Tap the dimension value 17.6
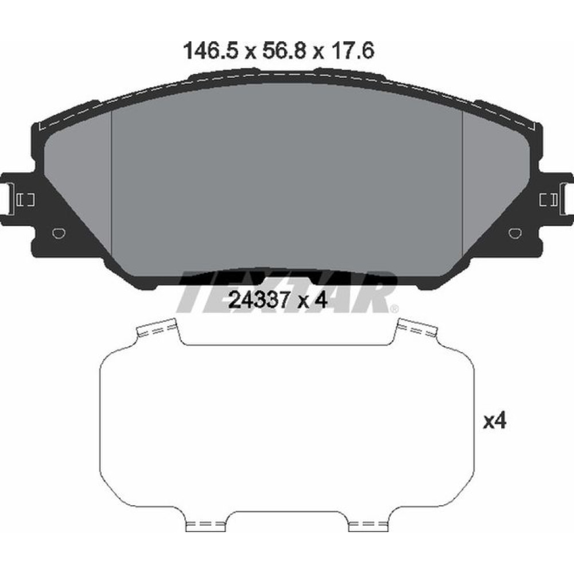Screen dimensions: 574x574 pos(351,52)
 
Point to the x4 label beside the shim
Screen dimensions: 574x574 pos(494,422)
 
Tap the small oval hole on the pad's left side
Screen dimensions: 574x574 pos(58,233)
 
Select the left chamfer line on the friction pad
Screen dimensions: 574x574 pos(111,189)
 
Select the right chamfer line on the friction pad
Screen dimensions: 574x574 pos(463,189)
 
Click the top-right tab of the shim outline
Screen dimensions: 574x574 pos(418,328)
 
